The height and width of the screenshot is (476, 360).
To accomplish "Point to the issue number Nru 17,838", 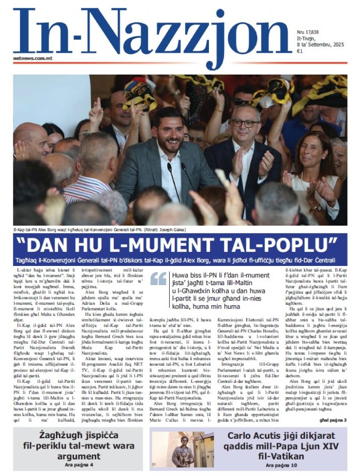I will click(x=308, y=32).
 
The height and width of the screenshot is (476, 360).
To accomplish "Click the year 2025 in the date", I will click(x=339, y=44).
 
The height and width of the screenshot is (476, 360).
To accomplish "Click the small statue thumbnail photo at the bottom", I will click(x=189, y=449).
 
